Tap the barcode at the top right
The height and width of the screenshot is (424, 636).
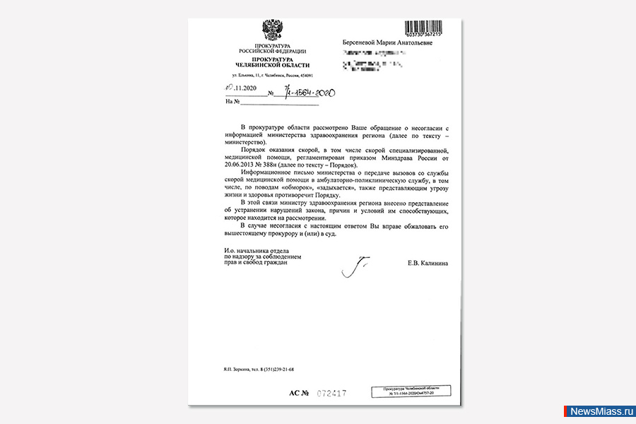[x=433, y=29]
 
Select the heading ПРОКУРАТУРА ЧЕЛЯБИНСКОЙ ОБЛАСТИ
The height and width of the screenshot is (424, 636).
[x=272, y=62]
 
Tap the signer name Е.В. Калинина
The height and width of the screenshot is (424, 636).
[x=428, y=264]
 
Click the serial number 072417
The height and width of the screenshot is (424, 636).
[x=332, y=393]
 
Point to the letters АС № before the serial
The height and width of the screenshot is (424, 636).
[x=300, y=393]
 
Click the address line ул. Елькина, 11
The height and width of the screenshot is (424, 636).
[x=272, y=76]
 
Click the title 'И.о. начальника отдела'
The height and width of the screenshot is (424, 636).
[x=256, y=251]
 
